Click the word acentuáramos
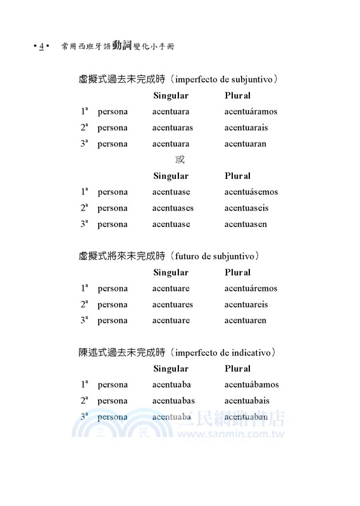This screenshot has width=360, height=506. point(251,112)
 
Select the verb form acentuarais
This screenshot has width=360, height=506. point(246,128)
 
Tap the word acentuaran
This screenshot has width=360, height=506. point(245,144)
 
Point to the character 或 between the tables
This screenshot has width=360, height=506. point(180,160)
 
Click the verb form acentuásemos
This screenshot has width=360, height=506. point(251,192)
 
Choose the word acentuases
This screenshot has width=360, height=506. point(173,208)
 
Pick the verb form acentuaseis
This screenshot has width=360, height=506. point(246,208)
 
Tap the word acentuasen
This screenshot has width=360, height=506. point(245,225)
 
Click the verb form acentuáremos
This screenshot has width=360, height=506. point(251,288)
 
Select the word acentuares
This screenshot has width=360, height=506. point(173,305)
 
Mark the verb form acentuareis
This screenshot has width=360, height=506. point(246,305)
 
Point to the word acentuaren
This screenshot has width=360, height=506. point(245,321)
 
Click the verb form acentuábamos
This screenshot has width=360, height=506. point(251,385)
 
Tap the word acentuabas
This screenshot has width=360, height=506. point(173,401)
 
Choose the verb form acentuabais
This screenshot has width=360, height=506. point(247,401)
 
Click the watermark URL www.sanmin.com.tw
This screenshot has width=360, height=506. point(230,436)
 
